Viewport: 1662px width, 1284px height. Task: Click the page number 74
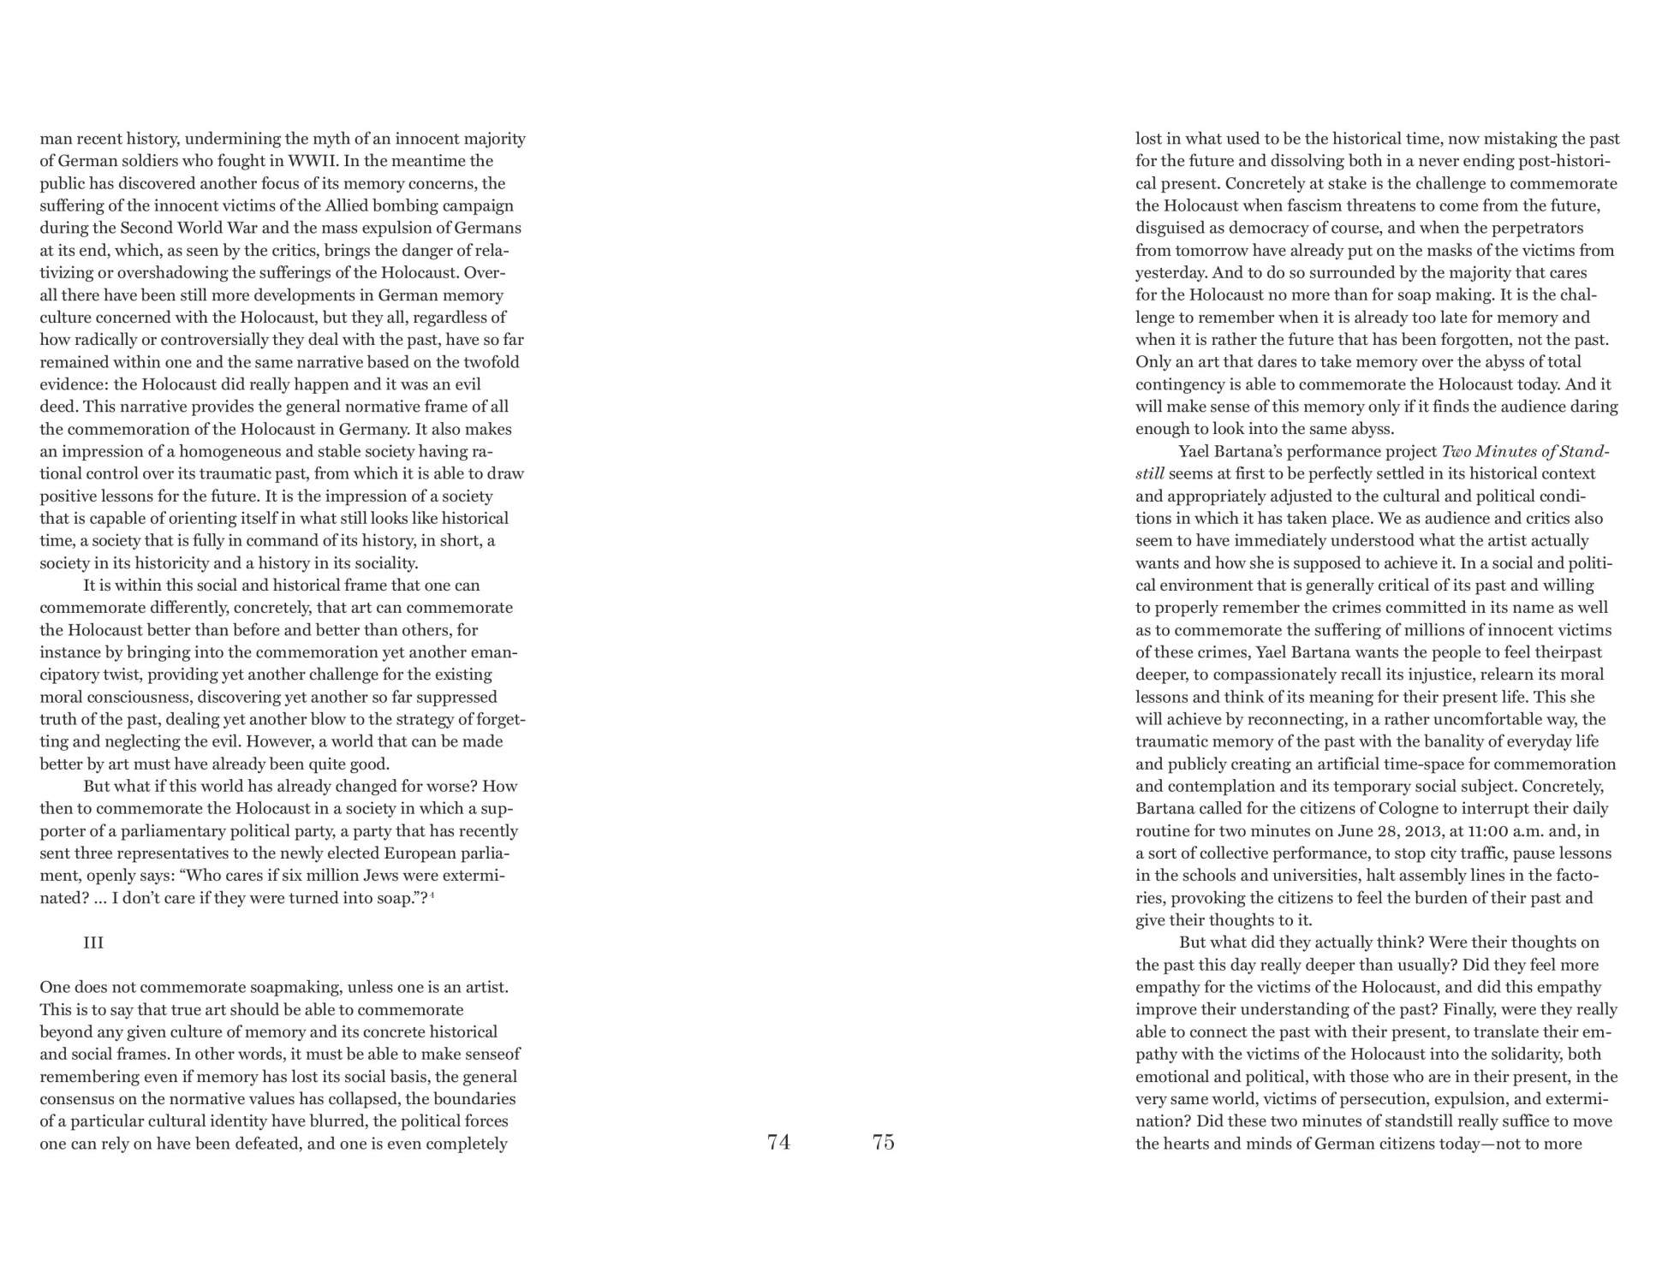778,1142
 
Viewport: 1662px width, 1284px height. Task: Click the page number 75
883,1142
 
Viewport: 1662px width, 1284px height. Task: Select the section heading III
93,942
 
